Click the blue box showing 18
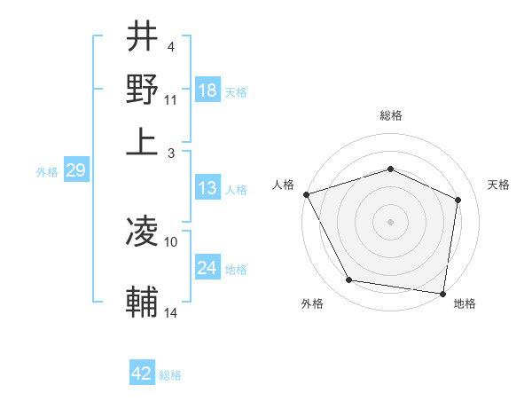point(207,90)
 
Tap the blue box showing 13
point(207,188)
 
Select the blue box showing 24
point(207,268)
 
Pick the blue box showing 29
point(75,170)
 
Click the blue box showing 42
point(142,374)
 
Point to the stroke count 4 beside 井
point(170,45)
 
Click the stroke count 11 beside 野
point(171,98)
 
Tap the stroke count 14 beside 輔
point(171,312)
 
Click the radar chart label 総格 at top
point(391,115)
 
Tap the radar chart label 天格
point(499,185)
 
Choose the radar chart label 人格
point(284,185)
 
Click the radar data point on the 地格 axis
point(443,292)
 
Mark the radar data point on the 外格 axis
point(349,280)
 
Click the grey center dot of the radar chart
point(391,221)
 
